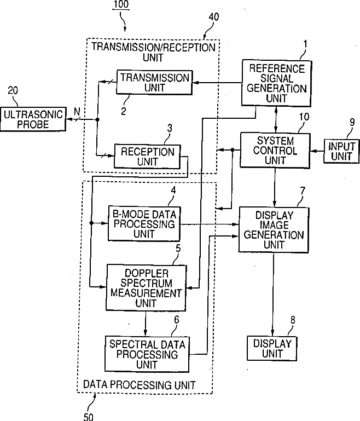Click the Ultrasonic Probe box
pos(33,119)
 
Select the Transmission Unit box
pos(154,83)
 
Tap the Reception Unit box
pos(147,157)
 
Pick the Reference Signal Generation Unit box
pos(276,83)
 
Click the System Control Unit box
pos(275,151)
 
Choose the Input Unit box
pos(341,151)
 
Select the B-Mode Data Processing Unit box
pos(144,224)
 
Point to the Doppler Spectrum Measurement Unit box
pos(146,288)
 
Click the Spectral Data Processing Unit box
pos(147,354)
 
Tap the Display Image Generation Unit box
pos(274,230)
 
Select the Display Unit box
pos(272,349)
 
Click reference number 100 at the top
pos(121,4)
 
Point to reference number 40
pos(214,17)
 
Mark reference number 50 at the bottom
pos(88,417)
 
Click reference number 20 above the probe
pos(13,90)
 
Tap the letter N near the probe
pos(77,112)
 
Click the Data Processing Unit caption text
pos(139,385)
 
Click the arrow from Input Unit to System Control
pos(317,151)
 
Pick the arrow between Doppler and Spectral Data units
pos(146,324)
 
